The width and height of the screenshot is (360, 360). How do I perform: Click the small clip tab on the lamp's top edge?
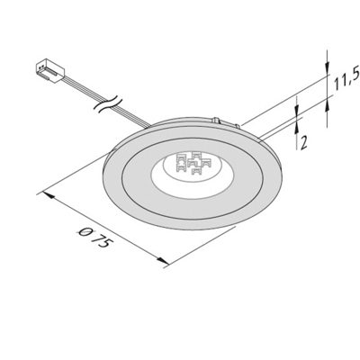pos(218,119)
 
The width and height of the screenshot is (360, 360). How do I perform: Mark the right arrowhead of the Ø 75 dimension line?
pos(166,264)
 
